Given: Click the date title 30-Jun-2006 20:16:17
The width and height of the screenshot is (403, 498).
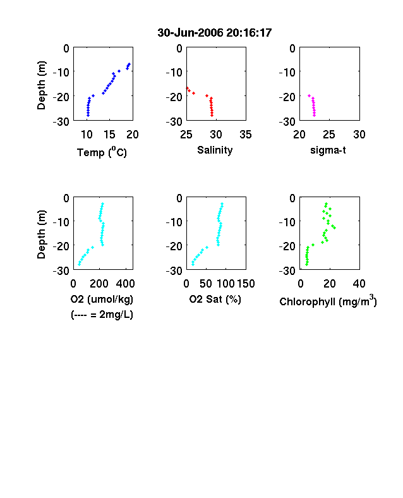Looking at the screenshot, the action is [215, 33].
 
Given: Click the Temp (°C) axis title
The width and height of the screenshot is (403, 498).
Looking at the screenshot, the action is [102, 152].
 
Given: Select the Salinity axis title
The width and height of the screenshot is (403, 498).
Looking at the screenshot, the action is [215, 150].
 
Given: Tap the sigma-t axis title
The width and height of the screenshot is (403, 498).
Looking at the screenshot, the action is [328, 150].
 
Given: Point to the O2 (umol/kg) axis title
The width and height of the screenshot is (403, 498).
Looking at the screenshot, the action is [102, 300].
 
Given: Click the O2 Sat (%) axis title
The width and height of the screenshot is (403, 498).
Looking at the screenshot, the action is [215, 299].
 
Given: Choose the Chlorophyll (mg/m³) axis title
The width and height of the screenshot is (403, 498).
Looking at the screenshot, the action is [328, 300].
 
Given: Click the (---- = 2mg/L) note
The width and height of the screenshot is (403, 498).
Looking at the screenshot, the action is [102, 315].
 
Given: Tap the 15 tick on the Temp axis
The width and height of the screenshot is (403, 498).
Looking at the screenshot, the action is [109, 135].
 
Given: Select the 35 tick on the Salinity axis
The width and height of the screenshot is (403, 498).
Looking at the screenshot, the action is [246, 135].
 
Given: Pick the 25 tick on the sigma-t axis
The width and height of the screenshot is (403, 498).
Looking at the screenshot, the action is [329, 135].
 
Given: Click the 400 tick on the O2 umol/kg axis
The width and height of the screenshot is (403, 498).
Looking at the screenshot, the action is [125, 284].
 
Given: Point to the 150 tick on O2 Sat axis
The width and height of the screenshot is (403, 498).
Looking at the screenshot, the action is [246, 284].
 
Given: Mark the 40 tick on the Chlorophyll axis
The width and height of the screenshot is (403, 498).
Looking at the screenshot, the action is [359, 284].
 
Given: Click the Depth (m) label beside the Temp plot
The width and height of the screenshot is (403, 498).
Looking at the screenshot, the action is [41, 85].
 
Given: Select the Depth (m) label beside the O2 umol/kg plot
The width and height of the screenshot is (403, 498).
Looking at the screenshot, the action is [41, 234].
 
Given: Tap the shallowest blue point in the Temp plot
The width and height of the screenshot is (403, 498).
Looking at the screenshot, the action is [129, 64].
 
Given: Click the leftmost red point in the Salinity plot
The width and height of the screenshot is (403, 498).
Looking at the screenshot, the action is [188, 88].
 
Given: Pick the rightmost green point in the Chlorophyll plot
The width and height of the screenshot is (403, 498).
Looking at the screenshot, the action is [334, 228].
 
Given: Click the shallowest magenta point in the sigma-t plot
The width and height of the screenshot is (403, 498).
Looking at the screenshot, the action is [309, 95].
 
